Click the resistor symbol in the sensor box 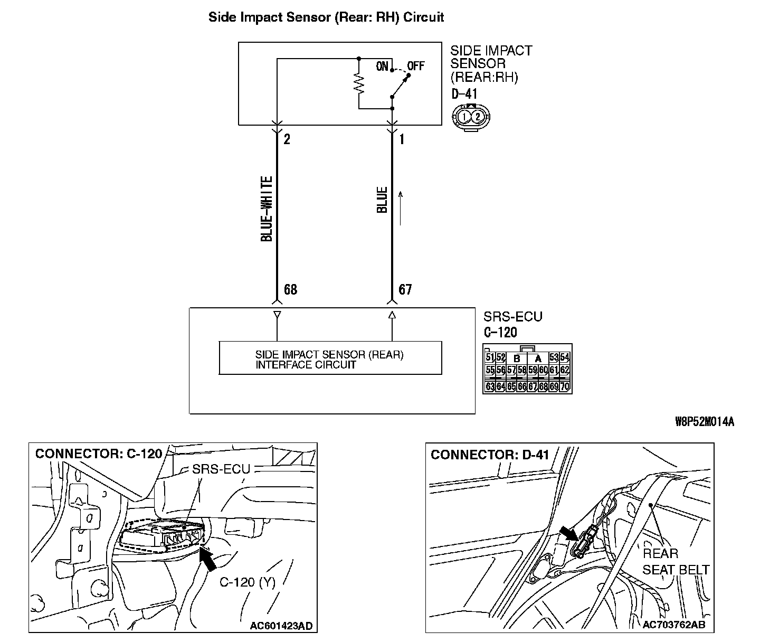[x=359, y=83]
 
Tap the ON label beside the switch [x=382, y=67]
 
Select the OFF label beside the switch [x=416, y=67]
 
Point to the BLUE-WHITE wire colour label [x=267, y=209]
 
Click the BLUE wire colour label [x=382, y=200]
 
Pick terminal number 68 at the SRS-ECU [x=290, y=289]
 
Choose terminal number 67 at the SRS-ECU [x=405, y=289]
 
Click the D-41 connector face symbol [x=470, y=116]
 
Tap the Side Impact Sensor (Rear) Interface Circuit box [x=330, y=358]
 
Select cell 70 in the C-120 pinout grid [x=565, y=386]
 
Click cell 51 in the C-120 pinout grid [x=490, y=357]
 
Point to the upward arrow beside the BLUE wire [x=401, y=208]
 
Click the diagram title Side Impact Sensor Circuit [x=326, y=17]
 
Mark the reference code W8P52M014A [x=705, y=421]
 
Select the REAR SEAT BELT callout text [x=676, y=562]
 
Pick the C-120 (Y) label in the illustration [x=248, y=582]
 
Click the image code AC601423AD [x=281, y=626]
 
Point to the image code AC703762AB [x=674, y=625]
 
